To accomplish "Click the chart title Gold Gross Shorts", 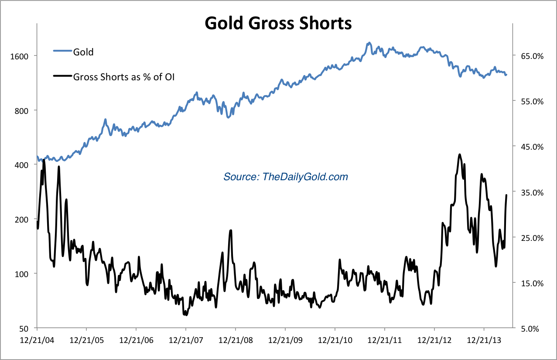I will pyautogui.click(x=278, y=23).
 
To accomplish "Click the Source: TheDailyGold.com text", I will pyautogui.click(x=286, y=177).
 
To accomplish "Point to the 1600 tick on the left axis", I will pyautogui.click(x=19, y=56).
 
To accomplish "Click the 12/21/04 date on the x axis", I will pyautogui.click(x=37, y=339).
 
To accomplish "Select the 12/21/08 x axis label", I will pyautogui.click(x=236, y=339).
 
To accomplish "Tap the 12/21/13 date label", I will pyautogui.click(x=483, y=339).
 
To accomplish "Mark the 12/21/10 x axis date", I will pyautogui.click(x=335, y=339).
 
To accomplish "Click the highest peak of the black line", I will pyautogui.click(x=460, y=154).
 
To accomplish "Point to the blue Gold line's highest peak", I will pyautogui.click(x=369, y=43).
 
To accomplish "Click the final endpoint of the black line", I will pyautogui.click(x=506, y=195).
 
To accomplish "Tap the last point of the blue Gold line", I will pyautogui.click(x=506, y=75).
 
